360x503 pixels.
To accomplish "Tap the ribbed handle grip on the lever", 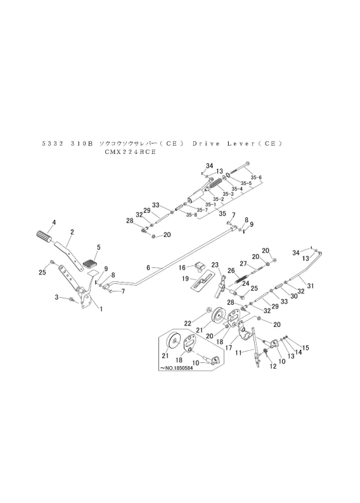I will [x=42, y=236].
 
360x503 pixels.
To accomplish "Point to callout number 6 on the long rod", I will [x=148, y=268].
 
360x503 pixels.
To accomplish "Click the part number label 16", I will [x=181, y=267].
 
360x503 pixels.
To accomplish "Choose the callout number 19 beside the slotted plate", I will [x=185, y=278].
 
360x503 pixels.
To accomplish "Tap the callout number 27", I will [x=243, y=264].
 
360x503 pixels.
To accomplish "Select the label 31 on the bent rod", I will [x=310, y=286].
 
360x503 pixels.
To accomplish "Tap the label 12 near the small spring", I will [x=273, y=366].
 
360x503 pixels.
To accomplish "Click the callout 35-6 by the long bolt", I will [x=256, y=177].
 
